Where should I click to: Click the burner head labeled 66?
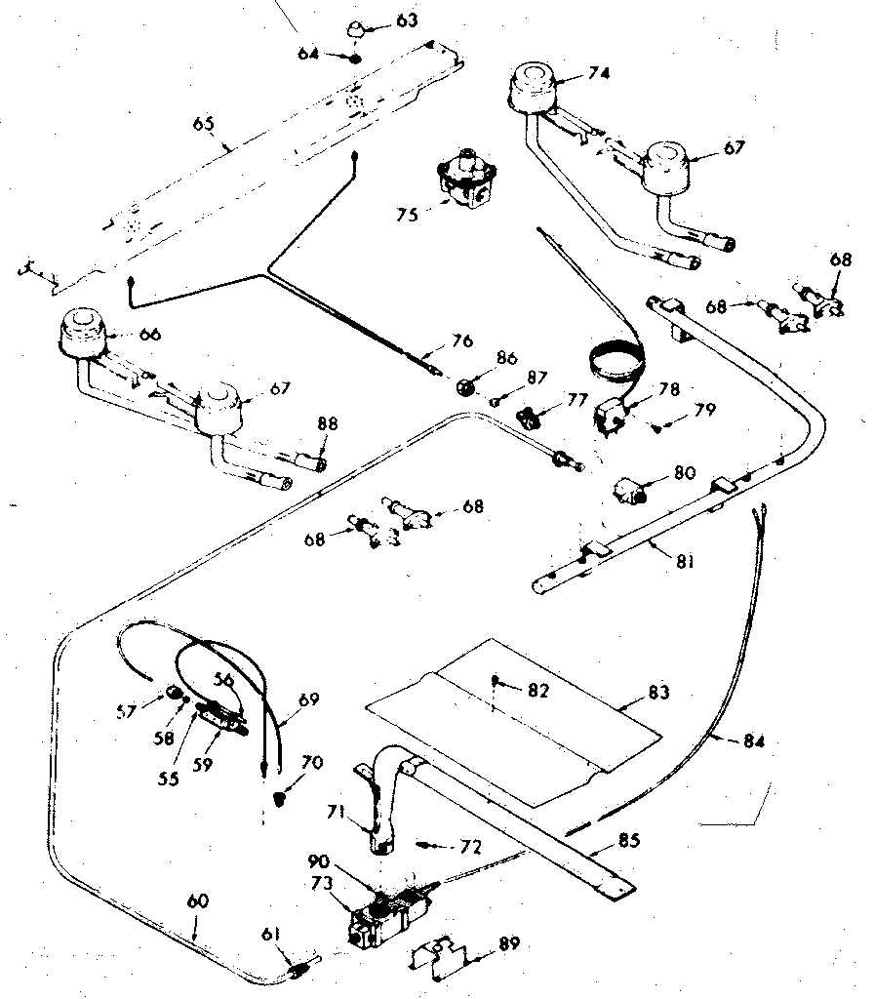pos(87,335)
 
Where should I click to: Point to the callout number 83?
pos(659,693)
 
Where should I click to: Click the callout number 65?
pos(202,124)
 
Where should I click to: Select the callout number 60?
pos(196,902)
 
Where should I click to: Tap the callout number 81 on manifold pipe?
pos(684,562)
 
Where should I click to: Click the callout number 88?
pos(328,423)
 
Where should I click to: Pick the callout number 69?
pos(308,699)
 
